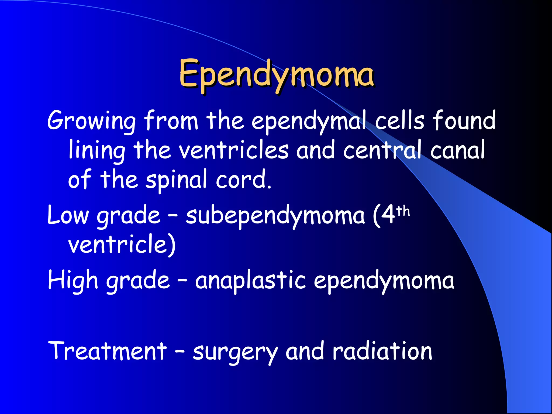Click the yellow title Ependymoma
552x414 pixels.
coord(277,74)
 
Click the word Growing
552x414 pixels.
coord(92,121)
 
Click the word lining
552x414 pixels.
coord(97,150)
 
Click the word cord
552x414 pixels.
coord(243,180)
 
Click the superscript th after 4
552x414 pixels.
coord(403,211)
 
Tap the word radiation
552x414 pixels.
coord(382,351)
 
